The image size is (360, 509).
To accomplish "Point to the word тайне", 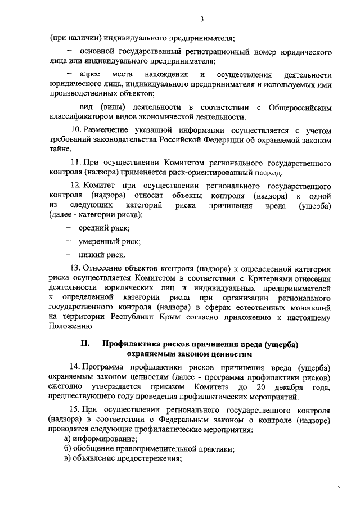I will pos(60,150).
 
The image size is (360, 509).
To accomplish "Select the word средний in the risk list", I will pos(94,228).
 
